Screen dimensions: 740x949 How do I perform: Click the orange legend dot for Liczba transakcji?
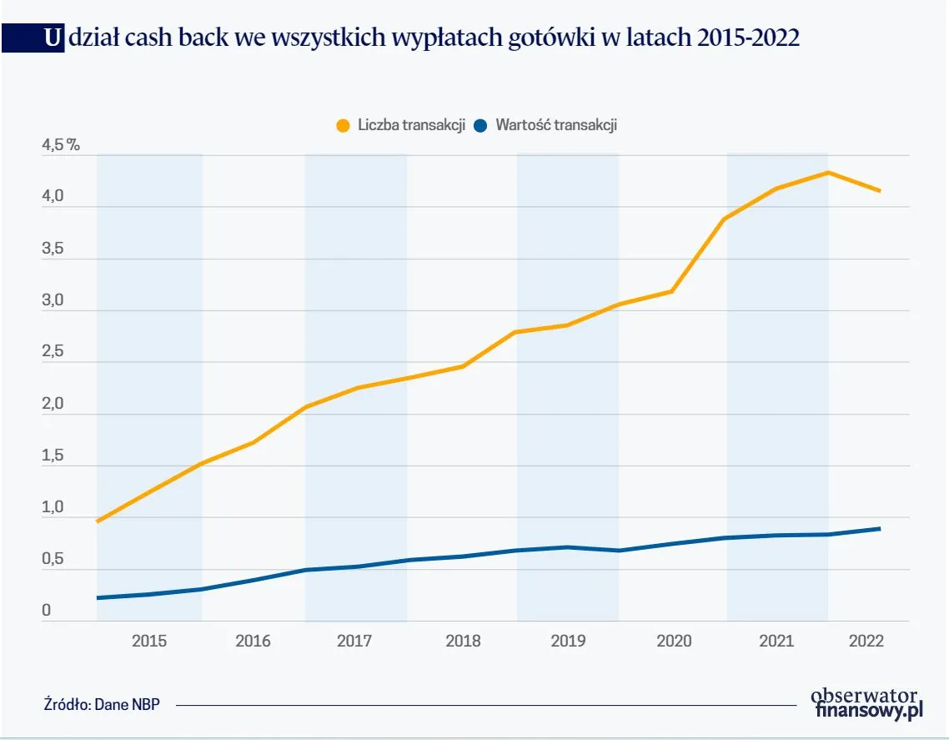coord(343,126)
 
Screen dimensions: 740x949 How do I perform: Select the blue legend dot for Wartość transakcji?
coord(480,126)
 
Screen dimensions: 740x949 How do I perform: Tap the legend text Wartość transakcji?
coord(555,126)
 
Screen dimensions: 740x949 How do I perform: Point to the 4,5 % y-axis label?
coord(60,145)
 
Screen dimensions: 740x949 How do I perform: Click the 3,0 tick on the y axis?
coord(53,300)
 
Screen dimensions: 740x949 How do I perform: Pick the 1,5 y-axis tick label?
coord(53,456)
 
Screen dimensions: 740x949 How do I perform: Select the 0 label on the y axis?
coord(47,611)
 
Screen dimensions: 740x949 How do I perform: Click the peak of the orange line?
coord(827,173)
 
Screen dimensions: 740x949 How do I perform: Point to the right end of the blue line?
coord(880,528)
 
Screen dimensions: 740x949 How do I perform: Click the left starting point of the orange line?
coord(98,521)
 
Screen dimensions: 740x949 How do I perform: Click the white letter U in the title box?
coord(53,38)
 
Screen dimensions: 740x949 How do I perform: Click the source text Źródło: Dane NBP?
coord(101,703)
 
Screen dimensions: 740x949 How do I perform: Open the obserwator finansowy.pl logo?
coord(867,702)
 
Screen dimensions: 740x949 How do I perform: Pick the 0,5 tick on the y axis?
coord(53,559)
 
